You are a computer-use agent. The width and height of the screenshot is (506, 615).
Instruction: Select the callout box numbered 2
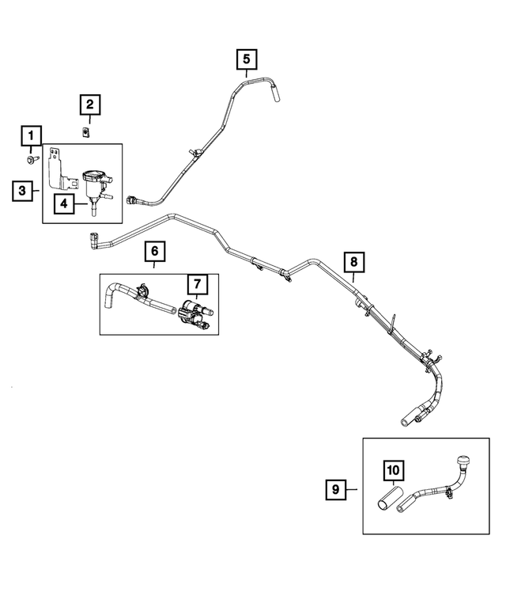(89, 104)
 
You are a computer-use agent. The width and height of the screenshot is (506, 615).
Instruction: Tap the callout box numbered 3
(23, 191)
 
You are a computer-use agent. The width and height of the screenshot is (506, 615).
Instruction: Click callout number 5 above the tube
(246, 58)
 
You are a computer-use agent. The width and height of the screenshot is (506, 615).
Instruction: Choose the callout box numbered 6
(155, 252)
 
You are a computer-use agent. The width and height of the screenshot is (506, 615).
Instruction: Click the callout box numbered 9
(335, 490)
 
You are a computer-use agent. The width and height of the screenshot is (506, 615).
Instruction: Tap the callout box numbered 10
(393, 470)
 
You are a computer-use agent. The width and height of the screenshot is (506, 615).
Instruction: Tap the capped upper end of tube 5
(277, 95)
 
